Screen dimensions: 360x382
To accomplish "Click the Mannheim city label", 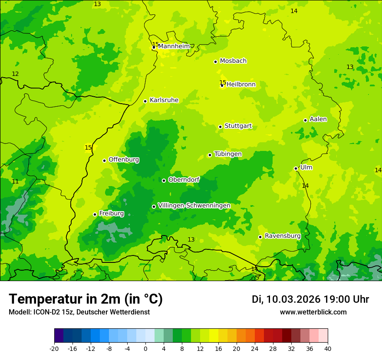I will [174, 46].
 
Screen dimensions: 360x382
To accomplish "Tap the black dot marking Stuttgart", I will [221, 127].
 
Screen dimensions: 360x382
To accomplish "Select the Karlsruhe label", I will [164, 100].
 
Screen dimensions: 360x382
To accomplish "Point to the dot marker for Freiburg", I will [95, 214].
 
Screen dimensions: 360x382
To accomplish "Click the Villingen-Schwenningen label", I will [194, 206].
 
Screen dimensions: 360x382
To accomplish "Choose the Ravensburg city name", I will [283, 236].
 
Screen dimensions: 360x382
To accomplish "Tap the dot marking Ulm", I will [296, 168].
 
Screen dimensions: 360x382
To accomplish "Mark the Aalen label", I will [318, 119].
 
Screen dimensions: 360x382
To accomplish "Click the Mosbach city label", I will [233, 61].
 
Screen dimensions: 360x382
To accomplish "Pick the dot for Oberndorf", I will [164, 180].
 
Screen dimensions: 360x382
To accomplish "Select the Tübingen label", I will [228, 154].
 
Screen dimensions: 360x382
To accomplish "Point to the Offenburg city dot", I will [104, 160].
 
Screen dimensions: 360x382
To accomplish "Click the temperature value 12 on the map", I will [15, 74].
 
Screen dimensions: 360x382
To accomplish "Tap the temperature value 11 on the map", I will [15, 182].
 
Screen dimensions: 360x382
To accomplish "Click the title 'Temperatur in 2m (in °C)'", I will [86, 299].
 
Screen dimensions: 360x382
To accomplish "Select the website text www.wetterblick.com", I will [313, 312].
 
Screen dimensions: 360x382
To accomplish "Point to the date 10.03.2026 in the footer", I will [293, 299].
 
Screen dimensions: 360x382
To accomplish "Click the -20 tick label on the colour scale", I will [54, 349].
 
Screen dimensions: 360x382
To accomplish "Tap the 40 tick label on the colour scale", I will [328, 349].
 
